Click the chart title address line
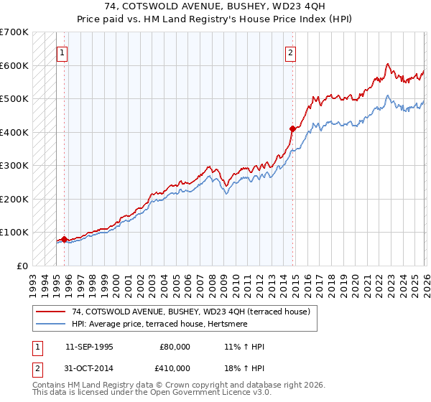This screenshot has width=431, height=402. [x=215, y=6]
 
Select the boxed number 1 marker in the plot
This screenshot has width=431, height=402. [x=62, y=52]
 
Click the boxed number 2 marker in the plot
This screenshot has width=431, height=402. [x=291, y=52]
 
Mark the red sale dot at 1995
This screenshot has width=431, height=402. [x=65, y=239]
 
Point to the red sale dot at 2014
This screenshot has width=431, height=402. [x=292, y=129]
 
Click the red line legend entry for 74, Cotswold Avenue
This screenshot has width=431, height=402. [x=190, y=312]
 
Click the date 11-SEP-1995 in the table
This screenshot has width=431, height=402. [x=89, y=347]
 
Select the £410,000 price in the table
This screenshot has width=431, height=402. [x=175, y=368]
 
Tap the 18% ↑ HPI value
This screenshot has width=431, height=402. [x=244, y=368]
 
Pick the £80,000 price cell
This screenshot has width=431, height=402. [x=175, y=347]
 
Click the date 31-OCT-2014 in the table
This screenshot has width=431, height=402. [x=89, y=368]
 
